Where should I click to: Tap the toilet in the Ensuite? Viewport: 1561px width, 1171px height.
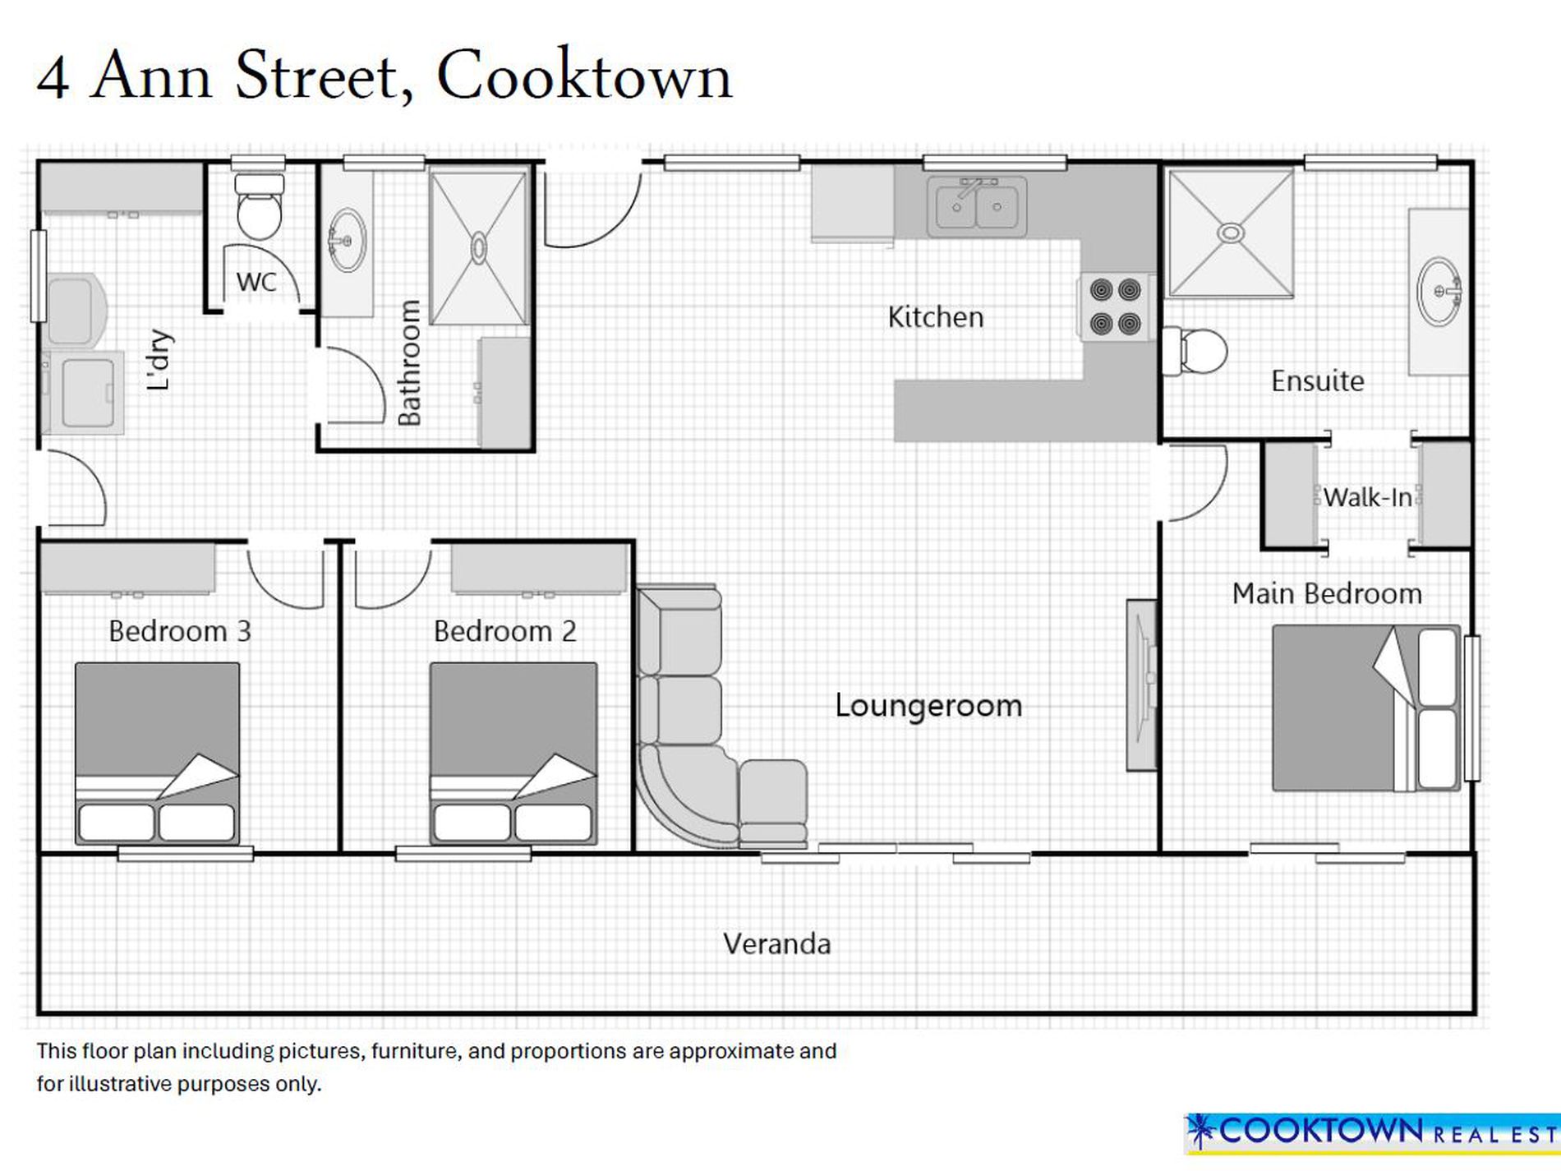(1195, 351)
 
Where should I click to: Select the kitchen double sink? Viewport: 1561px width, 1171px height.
(977, 206)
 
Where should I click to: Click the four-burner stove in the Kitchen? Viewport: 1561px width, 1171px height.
(1115, 307)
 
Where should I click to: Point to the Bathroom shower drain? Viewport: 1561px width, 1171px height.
(478, 247)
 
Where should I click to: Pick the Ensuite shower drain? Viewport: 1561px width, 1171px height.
(1230, 233)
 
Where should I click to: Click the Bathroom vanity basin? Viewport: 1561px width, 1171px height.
(348, 240)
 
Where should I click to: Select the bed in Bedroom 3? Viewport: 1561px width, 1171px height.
(158, 754)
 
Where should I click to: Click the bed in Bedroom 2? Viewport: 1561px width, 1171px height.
(513, 754)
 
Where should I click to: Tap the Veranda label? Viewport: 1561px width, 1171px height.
(777, 943)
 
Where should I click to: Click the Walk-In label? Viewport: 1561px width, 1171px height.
(1368, 497)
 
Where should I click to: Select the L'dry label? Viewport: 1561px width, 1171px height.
(159, 360)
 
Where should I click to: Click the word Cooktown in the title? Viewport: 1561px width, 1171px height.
(584, 76)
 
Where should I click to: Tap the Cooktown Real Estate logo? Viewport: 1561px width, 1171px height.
(1372, 1133)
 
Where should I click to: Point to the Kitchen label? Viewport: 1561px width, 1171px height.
(936, 317)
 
